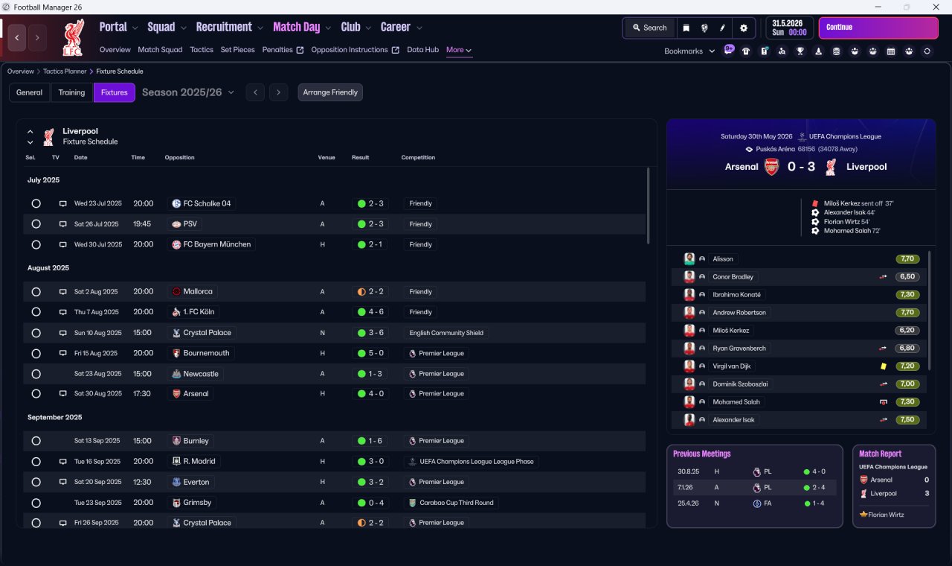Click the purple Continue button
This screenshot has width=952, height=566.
coord(878,28)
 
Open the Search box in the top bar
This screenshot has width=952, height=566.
coord(649,28)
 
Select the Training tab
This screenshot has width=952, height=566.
coord(71,92)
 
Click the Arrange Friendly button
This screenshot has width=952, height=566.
coord(330,92)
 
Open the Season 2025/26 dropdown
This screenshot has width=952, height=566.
coord(188,92)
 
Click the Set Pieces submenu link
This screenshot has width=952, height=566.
coord(237,50)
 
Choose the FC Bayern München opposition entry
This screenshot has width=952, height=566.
coord(211,244)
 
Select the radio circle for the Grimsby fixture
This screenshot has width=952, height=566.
coord(36,503)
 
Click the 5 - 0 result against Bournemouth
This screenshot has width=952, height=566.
coord(370,353)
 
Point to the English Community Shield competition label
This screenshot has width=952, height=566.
coord(446,333)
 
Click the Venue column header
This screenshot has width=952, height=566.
coord(327,157)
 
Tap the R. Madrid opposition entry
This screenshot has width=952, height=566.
coord(194,461)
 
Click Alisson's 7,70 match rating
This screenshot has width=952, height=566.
coord(907,258)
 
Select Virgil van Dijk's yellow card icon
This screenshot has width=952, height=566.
coord(883,366)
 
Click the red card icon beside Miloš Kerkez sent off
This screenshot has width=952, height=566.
coord(815,203)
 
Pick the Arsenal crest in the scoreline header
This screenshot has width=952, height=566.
coord(772,167)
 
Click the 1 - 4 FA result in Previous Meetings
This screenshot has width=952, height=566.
coord(814,503)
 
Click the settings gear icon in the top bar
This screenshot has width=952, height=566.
coord(743,28)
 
